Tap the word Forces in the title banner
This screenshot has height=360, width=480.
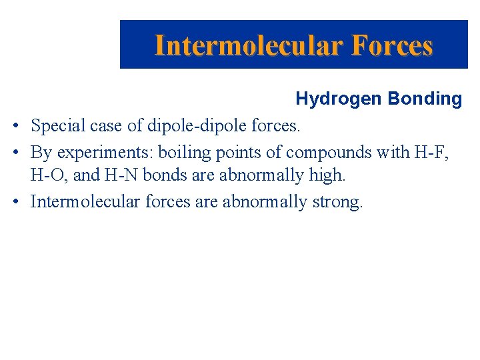(x=392, y=45)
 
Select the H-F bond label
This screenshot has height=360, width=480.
(x=431, y=152)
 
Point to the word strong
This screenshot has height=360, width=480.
(x=337, y=201)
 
